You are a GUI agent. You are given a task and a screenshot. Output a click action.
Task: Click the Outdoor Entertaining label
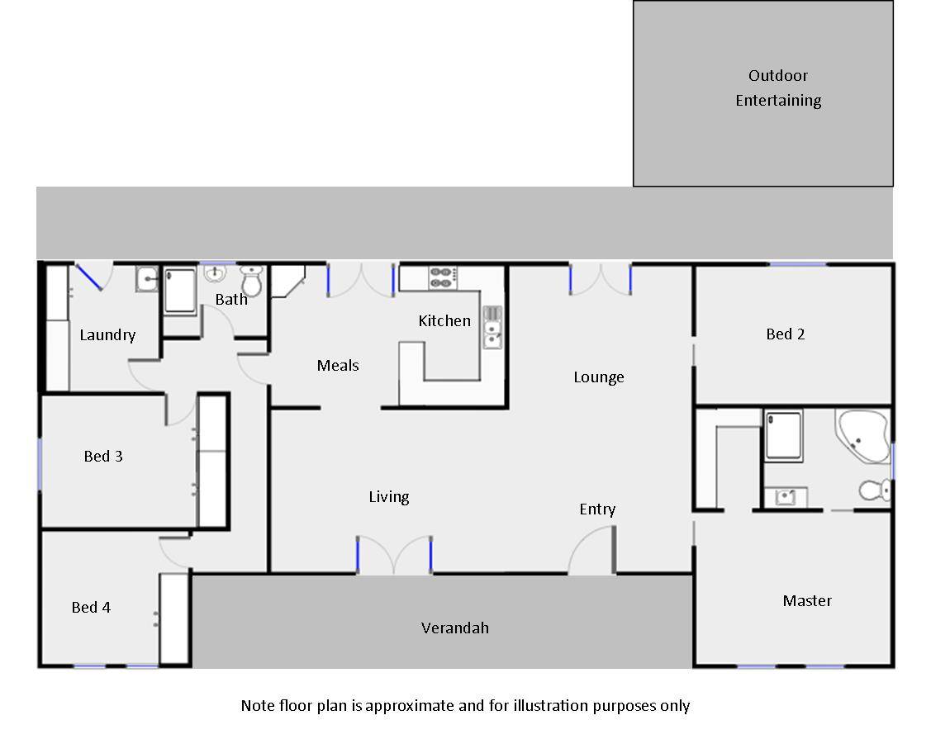click(778, 88)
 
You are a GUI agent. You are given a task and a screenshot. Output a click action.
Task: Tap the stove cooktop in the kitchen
click(443, 277)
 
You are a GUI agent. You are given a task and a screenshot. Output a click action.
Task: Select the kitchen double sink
click(492, 327)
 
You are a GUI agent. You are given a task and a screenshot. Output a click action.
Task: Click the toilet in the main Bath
click(252, 281)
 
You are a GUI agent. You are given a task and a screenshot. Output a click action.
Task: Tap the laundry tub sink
click(147, 279)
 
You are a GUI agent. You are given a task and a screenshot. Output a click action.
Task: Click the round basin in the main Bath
click(215, 273)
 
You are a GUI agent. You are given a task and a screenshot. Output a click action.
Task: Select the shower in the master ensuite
click(784, 436)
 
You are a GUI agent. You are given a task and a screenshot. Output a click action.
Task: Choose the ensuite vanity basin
click(786, 497)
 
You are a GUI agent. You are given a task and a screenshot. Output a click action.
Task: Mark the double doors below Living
click(394, 555)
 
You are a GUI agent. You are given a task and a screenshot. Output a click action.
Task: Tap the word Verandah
click(455, 628)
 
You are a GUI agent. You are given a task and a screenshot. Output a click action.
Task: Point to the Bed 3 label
click(103, 456)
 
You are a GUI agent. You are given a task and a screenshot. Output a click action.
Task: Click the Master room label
click(807, 601)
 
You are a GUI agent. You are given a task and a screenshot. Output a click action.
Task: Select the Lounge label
click(598, 377)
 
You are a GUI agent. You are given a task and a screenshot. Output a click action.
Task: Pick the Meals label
click(338, 365)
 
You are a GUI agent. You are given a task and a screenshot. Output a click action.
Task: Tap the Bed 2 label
click(786, 334)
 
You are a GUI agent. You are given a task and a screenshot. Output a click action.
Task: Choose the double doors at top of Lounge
click(601, 279)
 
